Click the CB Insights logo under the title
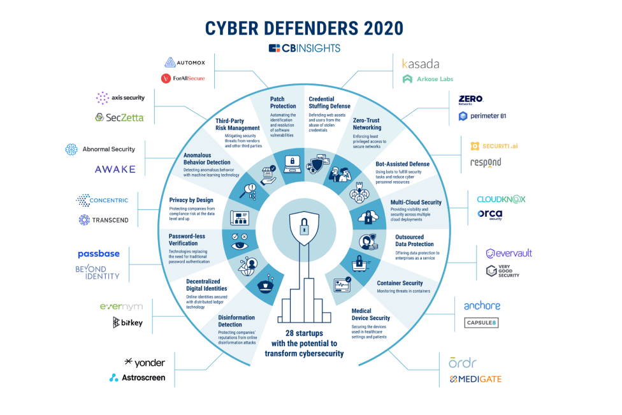[304, 48]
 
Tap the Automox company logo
[185, 62]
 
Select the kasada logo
[421, 64]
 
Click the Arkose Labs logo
[428, 79]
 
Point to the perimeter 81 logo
[482, 116]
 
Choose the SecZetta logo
[120, 117]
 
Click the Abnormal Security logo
[100, 149]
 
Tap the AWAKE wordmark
[115, 170]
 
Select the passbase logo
[99, 254]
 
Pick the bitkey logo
[127, 322]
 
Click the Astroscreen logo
[137, 377]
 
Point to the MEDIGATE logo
[475, 379]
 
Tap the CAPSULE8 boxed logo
[481, 323]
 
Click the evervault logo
[509, 253]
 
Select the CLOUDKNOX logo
[501, 199]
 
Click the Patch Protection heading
[283, 103]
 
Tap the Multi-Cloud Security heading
[416, 202]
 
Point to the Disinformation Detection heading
[236, 321]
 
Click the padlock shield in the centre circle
[304, 228]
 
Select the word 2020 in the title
[383, 29]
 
